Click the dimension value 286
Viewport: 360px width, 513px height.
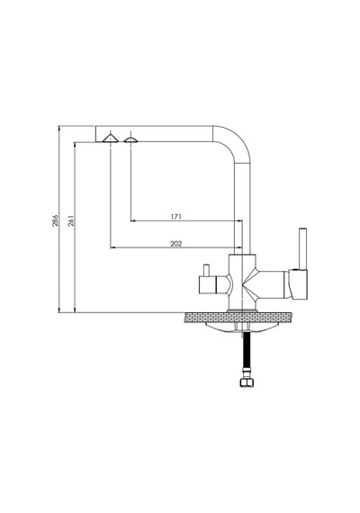click(55, 220)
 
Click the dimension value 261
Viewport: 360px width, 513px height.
click(71, 220)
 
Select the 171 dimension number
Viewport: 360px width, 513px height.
click(175, 217)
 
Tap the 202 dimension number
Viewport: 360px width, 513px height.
click(176, 244)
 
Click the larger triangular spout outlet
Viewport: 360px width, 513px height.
click(111, 139)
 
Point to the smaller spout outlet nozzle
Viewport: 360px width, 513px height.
click(130, 140)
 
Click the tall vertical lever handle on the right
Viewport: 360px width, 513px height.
click(302, 247)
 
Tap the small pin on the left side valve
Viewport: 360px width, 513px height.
click(206, 270)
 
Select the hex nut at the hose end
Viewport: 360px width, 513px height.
click(247, 382)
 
